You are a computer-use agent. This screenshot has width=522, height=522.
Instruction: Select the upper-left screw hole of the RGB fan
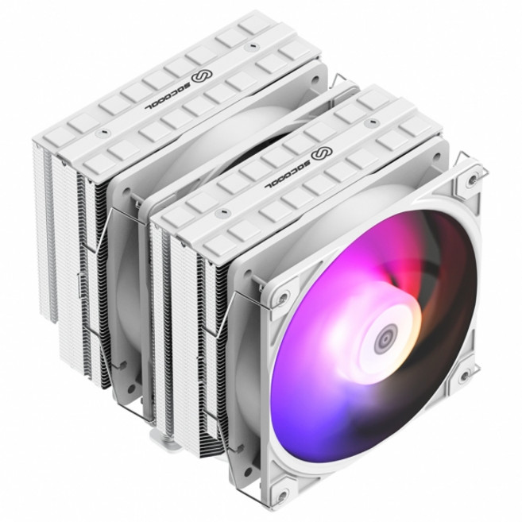click(282, 300)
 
